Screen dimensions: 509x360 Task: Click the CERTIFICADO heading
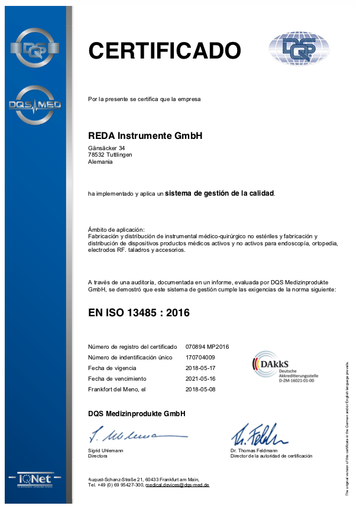164,50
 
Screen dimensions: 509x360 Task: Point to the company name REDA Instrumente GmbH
145,135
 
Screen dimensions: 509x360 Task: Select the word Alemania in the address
100,161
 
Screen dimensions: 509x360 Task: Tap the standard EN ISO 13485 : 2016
138,313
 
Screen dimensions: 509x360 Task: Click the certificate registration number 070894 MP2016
207,346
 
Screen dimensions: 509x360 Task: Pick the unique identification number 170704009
200,357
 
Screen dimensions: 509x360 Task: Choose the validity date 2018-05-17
200,368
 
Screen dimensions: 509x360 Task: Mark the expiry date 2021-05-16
200,378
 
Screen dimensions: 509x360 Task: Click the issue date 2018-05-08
200,390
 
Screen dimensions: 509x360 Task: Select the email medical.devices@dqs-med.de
177,485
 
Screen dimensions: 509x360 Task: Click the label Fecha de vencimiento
116,378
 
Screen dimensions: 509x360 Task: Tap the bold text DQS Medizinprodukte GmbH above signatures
137,413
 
